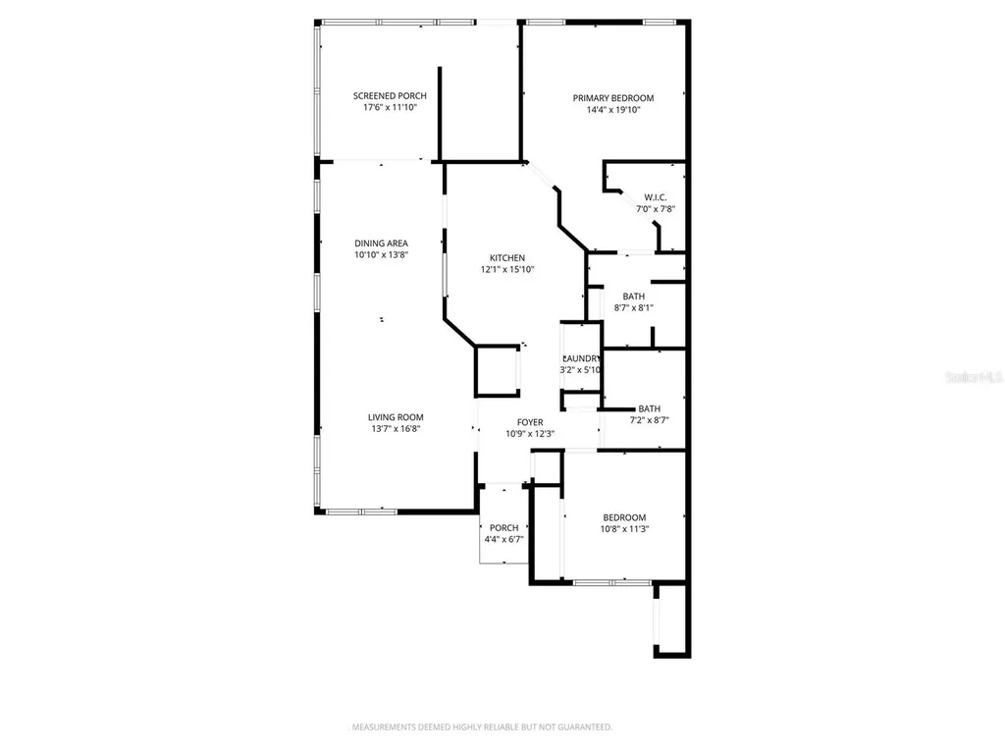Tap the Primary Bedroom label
[613, 98]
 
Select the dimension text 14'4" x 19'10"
[613, 110]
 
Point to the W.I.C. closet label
[656, 197]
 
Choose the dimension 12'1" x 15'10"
[507, 270]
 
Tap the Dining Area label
[382, 243]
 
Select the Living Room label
[396, 417]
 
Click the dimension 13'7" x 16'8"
[396, 429]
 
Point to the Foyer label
[530, 422]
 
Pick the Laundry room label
[581, 358]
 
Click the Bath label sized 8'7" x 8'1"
[633, 296]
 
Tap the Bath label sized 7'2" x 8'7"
[649, 409]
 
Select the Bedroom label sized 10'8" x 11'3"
[624, 517]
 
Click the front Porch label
[503, 527]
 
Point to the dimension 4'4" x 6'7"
[503, 539]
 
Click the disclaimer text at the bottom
[482, 727]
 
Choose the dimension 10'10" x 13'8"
[382, 255]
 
